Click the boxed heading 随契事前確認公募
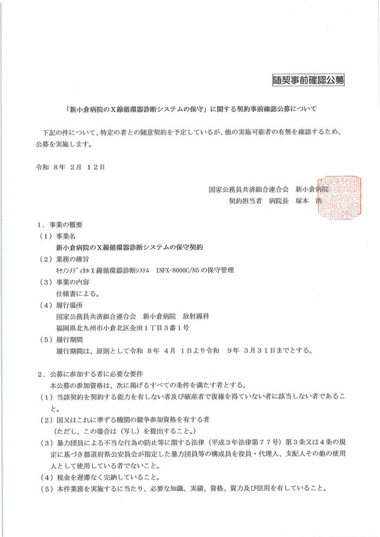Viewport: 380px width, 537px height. coord(308,81)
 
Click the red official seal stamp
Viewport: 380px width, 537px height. coord(339,195)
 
